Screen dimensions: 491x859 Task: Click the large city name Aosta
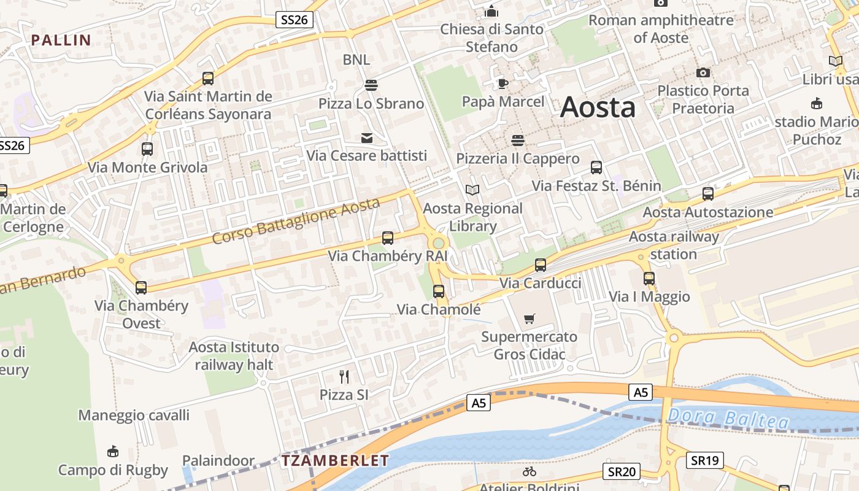coord(598,107)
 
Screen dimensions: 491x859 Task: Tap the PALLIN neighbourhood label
coord(61,41)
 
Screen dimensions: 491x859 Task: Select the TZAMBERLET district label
coord(335,460)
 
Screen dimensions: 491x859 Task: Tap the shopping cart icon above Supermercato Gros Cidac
coord(530,319)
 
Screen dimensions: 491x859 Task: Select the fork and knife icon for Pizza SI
coord(344,376)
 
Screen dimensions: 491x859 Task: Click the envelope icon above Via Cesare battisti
coord(367,138)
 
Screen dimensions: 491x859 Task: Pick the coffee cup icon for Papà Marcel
coord(503,83)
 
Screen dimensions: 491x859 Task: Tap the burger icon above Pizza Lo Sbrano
coord(371,85)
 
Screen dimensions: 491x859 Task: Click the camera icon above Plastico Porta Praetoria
coord(703,72)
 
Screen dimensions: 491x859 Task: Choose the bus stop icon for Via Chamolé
coord(438,292)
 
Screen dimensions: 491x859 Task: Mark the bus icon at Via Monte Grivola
coord(147,149)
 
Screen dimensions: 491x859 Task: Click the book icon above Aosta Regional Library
coord(472,190)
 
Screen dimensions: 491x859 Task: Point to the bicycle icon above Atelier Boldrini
coord(530,471)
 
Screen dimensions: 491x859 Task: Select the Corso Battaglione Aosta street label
coord(296,221)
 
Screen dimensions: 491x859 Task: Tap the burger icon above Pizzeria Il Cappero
coord(518,141)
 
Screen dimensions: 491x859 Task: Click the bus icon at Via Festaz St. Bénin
coord(596,168)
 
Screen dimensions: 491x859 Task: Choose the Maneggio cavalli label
coord(134,416)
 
